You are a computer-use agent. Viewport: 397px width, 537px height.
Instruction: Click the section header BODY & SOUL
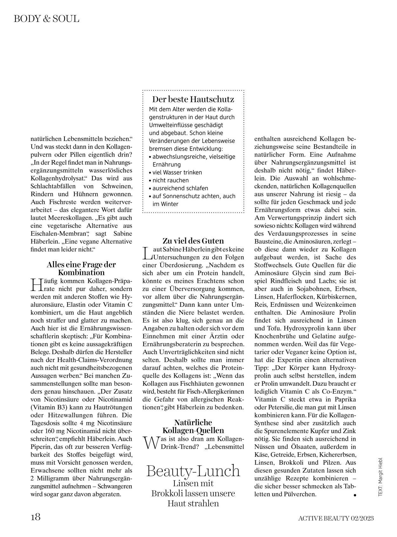(x=46, y=19)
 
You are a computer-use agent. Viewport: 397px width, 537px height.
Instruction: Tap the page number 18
(x=36, y=517)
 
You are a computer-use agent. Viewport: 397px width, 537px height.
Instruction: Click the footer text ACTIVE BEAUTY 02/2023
(x=336, y=518)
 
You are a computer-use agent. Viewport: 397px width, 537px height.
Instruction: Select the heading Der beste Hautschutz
(x=193, y=99)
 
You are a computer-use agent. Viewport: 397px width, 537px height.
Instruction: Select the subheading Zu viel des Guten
(x=193, y=241)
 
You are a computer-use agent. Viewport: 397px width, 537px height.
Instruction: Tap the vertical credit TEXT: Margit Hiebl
(x=380, y=476)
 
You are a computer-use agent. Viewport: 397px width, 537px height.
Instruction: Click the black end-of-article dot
(x=354, y=495)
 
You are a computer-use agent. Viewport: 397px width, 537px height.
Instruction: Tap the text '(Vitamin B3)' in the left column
(x=49, y=407)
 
